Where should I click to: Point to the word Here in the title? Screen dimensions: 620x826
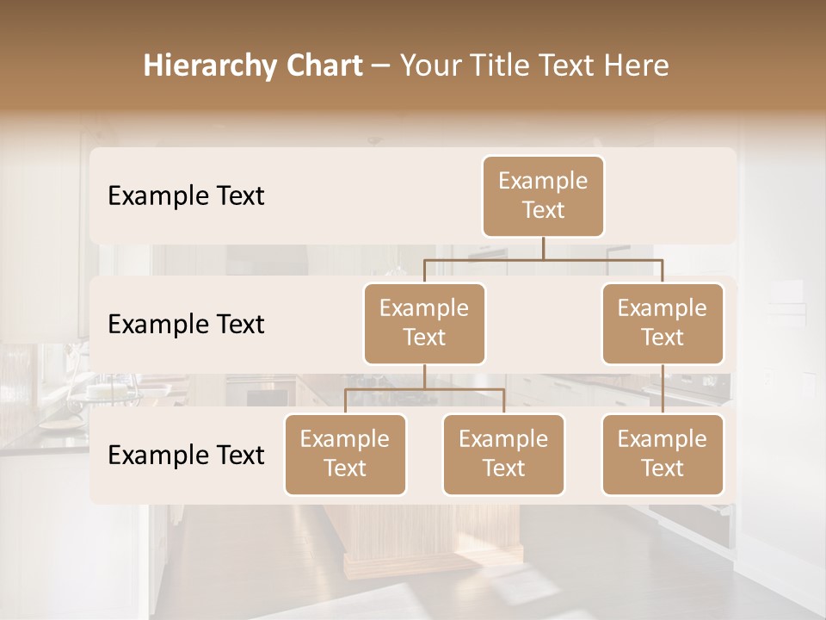[638, 66]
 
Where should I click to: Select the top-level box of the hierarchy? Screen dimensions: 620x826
[543, 196]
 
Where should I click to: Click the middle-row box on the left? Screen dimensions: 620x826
[424, 323]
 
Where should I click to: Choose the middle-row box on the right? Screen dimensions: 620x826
[663, 323]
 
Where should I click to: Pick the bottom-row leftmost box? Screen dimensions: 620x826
[345, 454]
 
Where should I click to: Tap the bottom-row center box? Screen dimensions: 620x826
[503, 454]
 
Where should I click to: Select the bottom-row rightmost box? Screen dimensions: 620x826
[663, 454]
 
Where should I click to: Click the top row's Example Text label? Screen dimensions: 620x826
[186, 196]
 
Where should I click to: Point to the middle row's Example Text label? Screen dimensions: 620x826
[186, 325]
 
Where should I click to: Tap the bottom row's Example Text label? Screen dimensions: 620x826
[186, 455]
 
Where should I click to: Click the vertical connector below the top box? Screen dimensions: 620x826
[543, 247]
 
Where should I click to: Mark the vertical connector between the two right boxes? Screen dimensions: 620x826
[663, 389]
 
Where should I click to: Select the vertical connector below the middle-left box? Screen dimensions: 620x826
[424, 376]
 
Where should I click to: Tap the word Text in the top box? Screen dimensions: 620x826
[543, 211]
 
